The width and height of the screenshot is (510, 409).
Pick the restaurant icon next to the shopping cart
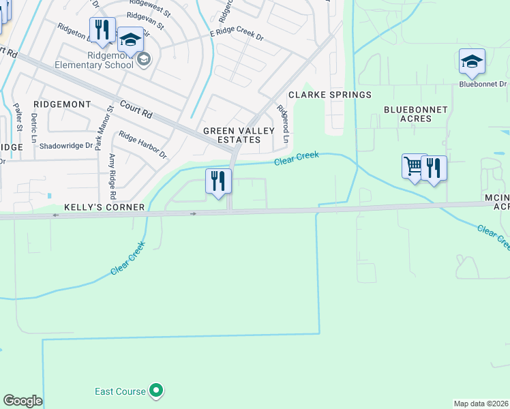(x=434, y=167)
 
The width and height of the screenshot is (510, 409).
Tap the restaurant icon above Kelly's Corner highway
(x=218, y=181)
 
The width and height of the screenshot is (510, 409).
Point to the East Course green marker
(x=157, y=391)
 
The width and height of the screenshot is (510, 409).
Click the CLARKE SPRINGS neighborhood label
(x=330, y=95)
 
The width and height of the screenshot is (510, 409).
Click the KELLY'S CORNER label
(x=104, y=207)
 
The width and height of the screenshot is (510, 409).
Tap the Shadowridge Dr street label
(x=66, y=145)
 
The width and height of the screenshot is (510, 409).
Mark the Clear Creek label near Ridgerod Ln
(x=297, y=158)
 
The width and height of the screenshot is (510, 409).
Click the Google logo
(x=22, y=401)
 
